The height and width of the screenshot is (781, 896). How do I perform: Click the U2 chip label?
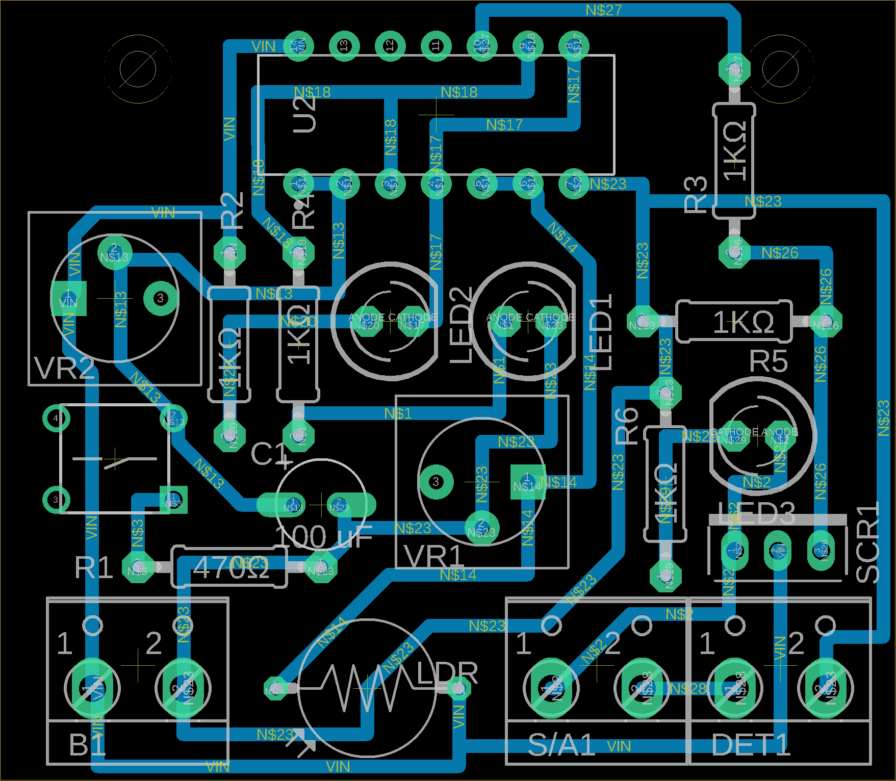[x=305, y=114]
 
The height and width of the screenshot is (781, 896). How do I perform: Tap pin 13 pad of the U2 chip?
[x=344, y=46]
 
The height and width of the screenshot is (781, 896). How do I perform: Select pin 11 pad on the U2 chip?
[x=436, y=46]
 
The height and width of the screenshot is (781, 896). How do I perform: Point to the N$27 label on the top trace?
[x=603, y=10]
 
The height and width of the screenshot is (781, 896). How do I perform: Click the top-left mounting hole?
[x=138, y=69]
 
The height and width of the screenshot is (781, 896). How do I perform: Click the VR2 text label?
[x=64, y=368]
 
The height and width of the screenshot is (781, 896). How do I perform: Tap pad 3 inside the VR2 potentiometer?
[x=160, y=298]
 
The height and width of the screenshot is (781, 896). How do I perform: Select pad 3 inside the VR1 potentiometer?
[x=436, y=482]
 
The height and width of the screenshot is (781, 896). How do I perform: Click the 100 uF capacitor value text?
[x=323, y=537]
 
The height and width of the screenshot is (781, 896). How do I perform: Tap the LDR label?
[x=447, y=673]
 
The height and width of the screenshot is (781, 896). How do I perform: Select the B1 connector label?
[x=87, y=745]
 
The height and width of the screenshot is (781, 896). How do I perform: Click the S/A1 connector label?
[x=561, y=745]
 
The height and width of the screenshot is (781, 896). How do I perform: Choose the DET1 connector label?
[x=751, y=745]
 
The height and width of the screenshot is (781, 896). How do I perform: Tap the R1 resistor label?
[x=93, y=567]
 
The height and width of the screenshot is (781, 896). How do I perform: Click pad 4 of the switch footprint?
[x=56, y=419]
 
